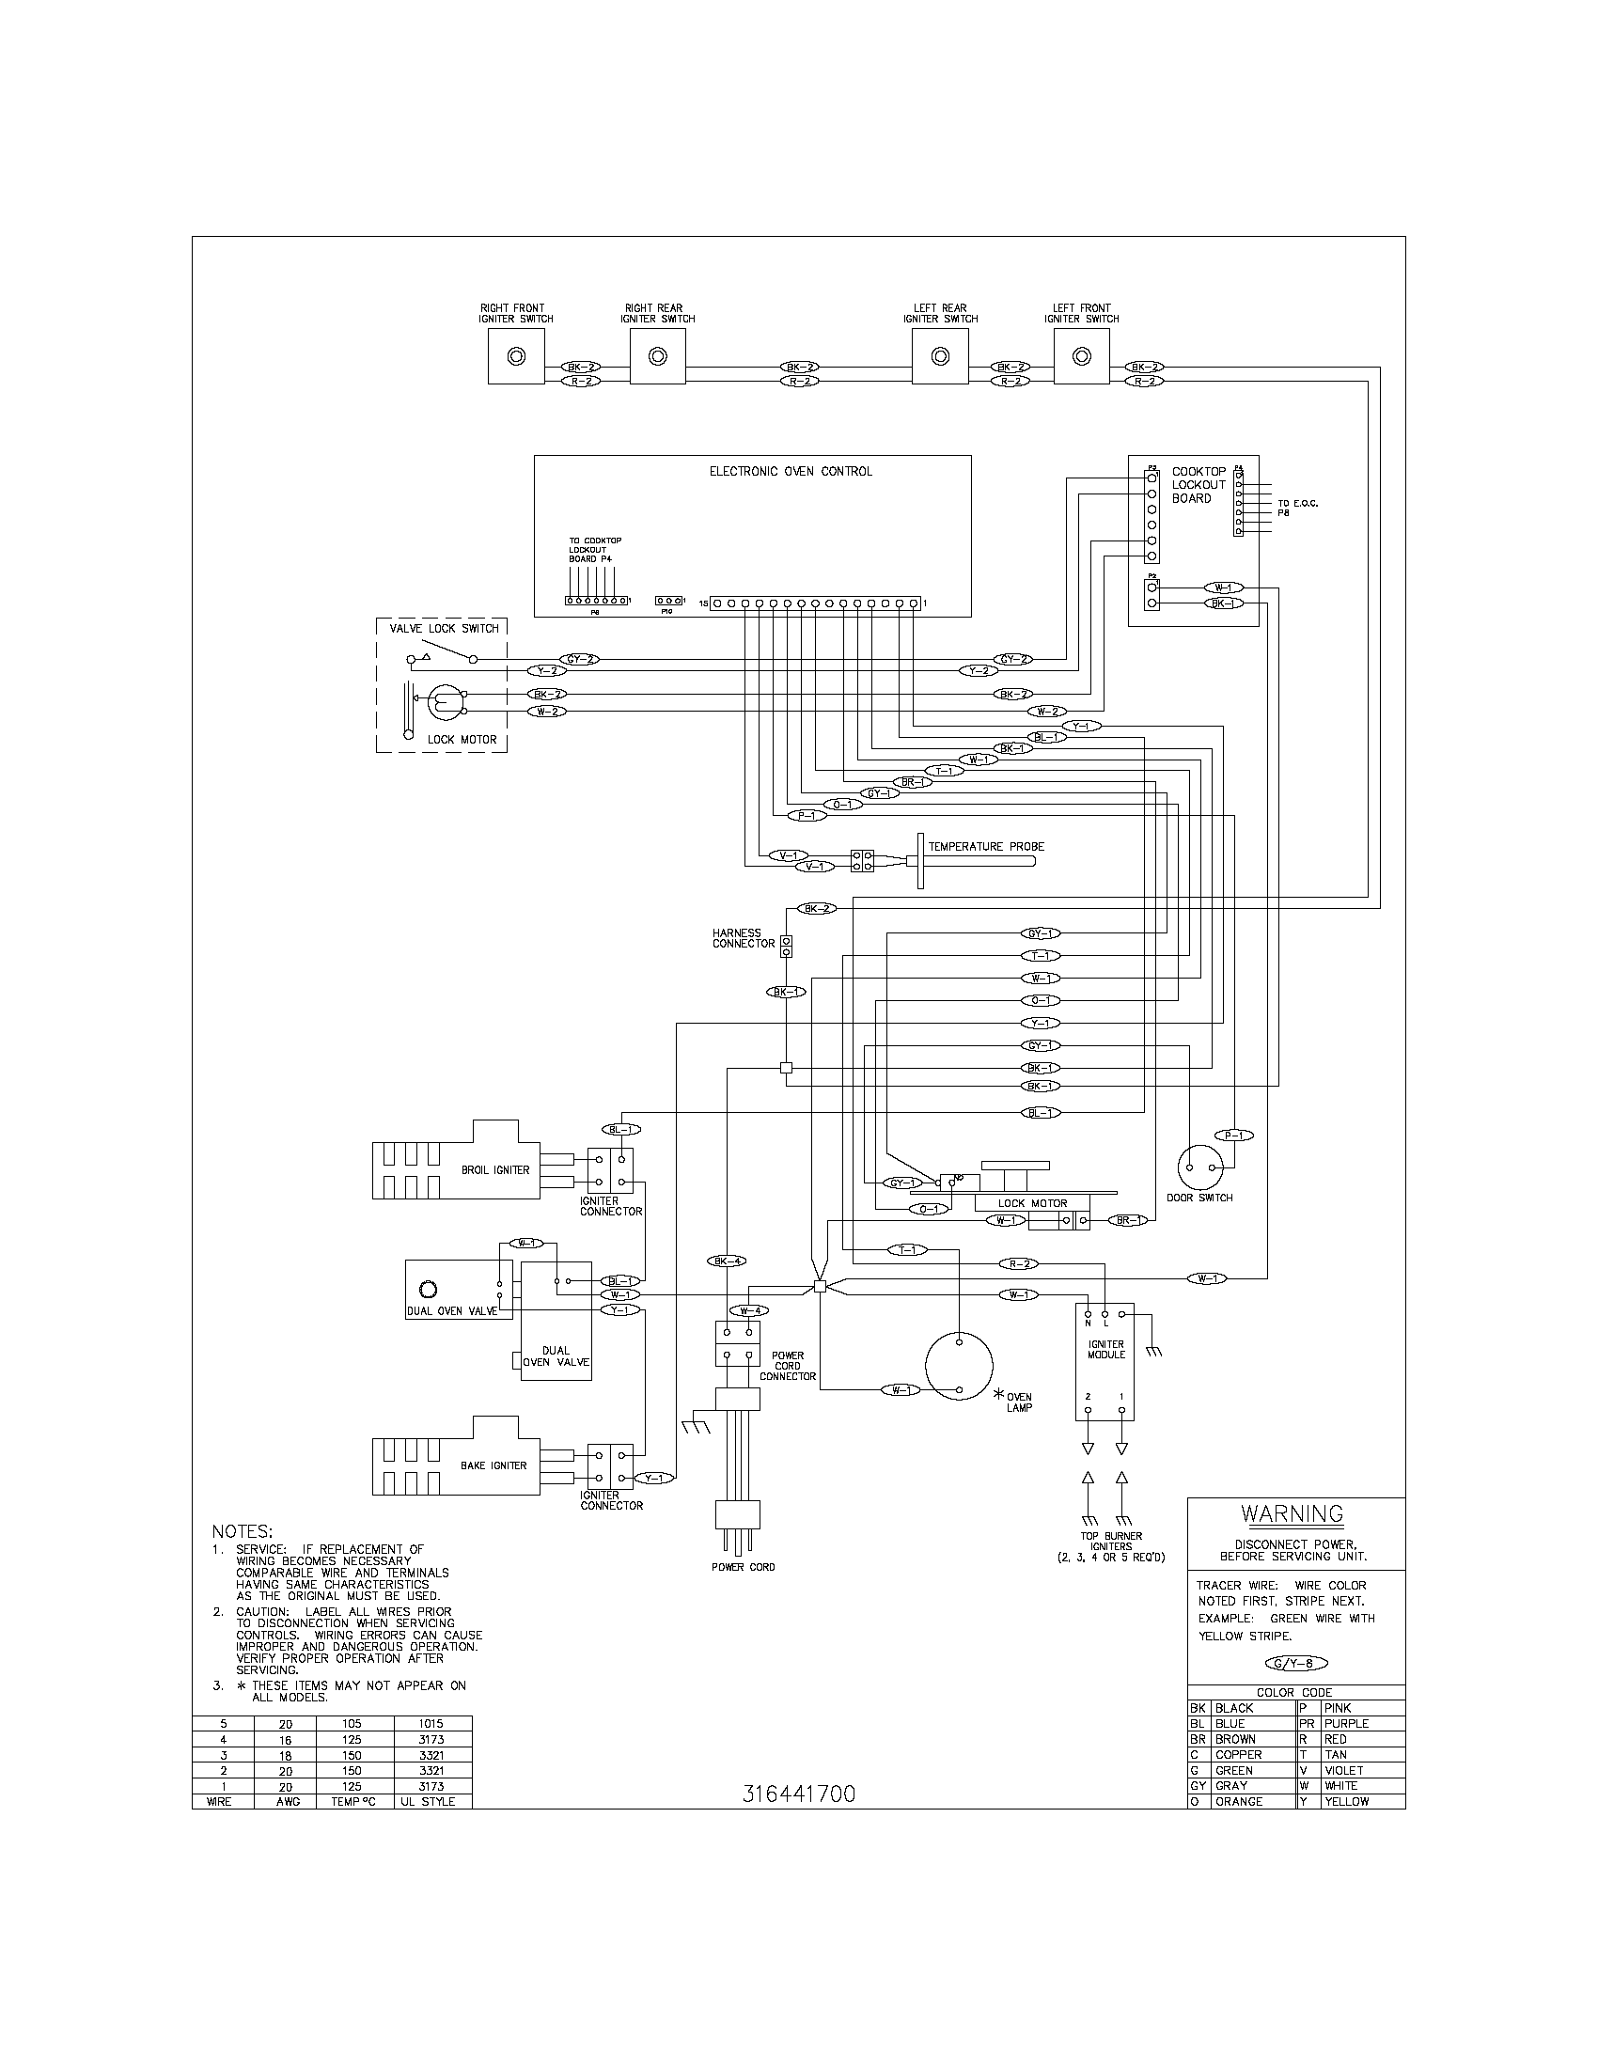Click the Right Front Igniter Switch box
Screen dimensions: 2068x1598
click(x=516, y=357)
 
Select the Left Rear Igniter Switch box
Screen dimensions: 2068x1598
click(x=940, y=357)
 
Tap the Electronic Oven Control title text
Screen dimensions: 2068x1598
click(x=791, y=472)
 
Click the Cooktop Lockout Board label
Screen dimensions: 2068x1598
click(x=1198, y=485)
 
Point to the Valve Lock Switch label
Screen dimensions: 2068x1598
click(x=444, y=629)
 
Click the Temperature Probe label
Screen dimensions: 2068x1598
click(x=985, y=847)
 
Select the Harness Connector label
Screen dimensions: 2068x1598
click(x=744, y=938)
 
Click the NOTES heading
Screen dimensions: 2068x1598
click(x=243, y=1531)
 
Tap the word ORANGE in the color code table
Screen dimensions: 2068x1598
click(x=1239, y=1801)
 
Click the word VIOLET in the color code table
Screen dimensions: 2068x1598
click(x=1343, y=1770)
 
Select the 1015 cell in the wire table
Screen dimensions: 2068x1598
click(x=432, y=1724)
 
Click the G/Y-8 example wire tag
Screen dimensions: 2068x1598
click(x=1296, y=1663)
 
